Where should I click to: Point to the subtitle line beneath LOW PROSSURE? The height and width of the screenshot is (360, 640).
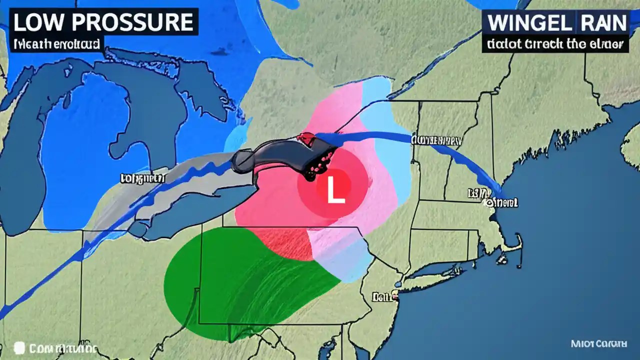[56, 44]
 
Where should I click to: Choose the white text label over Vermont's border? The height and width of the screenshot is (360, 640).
[436, 140]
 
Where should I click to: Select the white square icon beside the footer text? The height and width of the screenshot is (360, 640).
[19, 347]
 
